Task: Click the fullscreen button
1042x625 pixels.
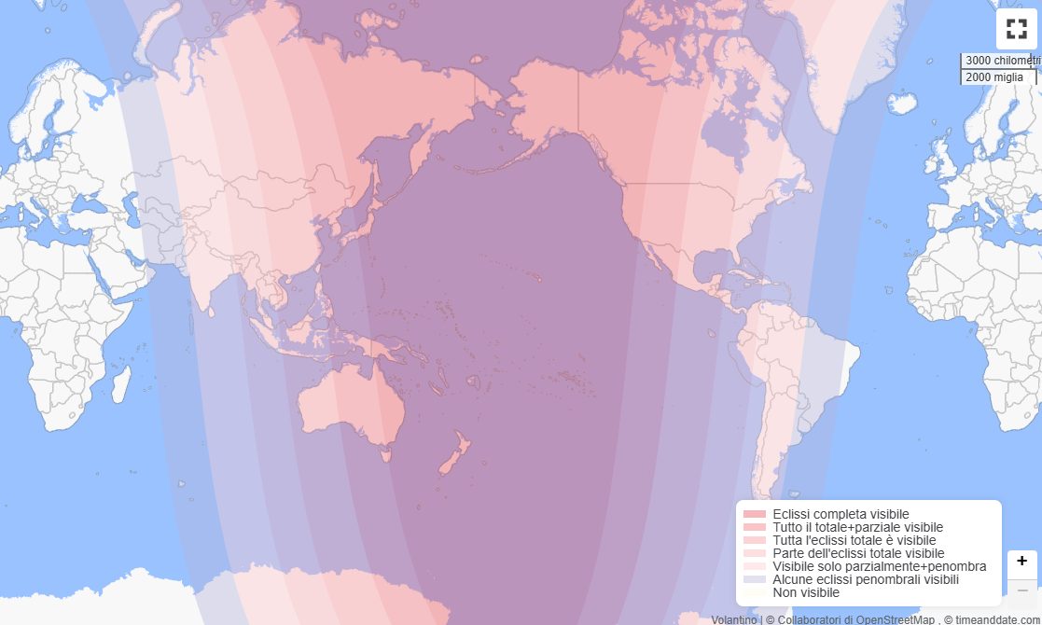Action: tap(1016, 29)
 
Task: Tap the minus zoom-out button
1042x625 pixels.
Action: tap(1021, 590)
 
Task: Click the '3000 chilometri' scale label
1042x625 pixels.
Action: tap(1000, 61)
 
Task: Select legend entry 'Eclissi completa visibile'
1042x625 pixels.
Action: tap(841, 514)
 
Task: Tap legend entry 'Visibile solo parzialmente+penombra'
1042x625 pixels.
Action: tap(879, 566)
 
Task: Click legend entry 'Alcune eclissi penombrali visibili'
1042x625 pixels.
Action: tap(865, 579)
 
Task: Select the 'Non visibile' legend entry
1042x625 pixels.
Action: tap(806, 592)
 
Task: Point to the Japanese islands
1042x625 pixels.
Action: tap(364, 215)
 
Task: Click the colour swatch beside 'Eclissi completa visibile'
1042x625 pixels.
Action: tap(755, 514)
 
